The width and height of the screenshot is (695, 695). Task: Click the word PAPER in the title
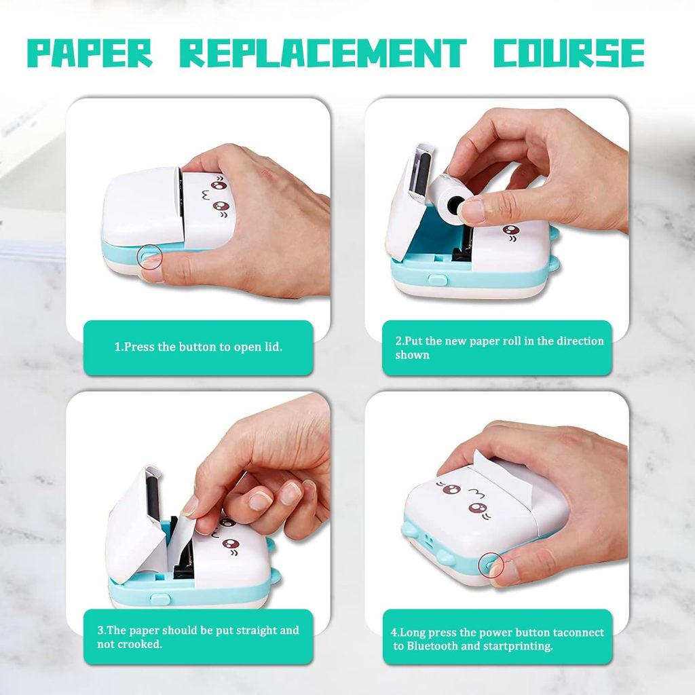point(90,53)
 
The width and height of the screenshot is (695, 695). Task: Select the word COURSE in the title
point(569,53)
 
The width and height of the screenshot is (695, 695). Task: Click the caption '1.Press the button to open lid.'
point(198,347)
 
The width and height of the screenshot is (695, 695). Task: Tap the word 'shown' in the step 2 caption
point(412,355)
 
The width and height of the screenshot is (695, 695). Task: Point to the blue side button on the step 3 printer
point(160,599)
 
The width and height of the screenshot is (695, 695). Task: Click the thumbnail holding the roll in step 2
point(472,211)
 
